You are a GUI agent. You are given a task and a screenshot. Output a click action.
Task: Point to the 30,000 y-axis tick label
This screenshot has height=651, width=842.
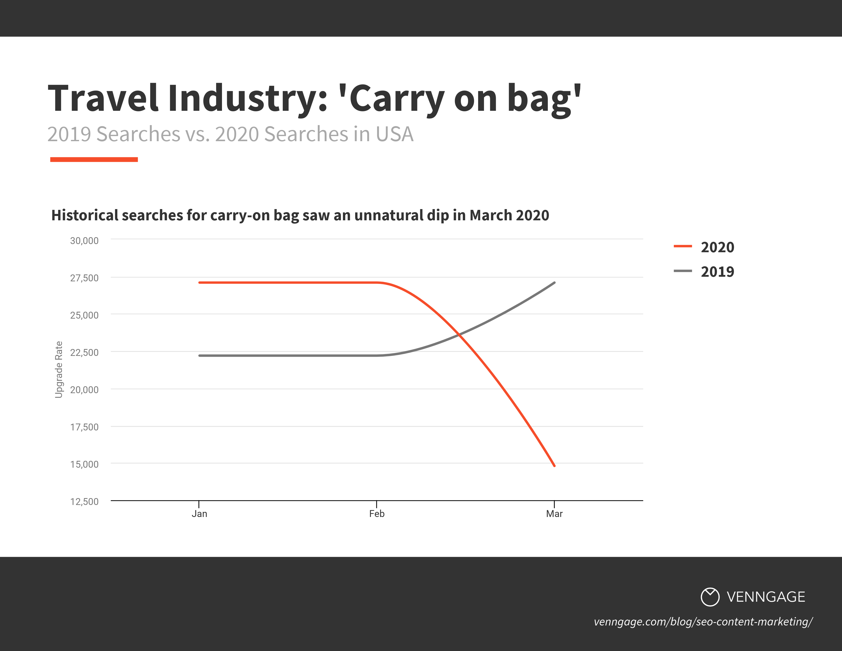pyautogui.click(x=84, y=241)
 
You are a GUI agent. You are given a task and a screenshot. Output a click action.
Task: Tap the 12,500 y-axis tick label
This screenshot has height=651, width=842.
pyautogui.click(x=84, y=502)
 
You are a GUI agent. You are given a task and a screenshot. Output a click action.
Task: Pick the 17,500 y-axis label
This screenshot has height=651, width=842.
pyautogui.click(x=84, y=427)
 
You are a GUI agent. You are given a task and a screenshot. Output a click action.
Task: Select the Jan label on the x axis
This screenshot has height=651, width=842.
pyautogui.click(x=199, y=514)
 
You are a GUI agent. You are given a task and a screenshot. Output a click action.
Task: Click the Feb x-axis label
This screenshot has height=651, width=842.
pyautogui.click(x=377, y=514)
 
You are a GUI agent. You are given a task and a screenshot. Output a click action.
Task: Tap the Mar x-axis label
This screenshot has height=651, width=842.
pyautogui.click(x=554, y=514)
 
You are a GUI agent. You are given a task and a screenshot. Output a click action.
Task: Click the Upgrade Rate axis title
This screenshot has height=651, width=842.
pyautogui.click(x=59, y=369)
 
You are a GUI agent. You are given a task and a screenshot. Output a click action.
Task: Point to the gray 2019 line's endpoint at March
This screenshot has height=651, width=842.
pyautogui.click(x=554, y=283)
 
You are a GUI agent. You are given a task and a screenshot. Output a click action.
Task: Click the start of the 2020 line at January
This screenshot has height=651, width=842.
pyautogui.click(x=199, y=283)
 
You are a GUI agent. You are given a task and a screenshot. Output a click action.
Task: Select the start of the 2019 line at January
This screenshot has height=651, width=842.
pyautogui.click(x=199, y=356)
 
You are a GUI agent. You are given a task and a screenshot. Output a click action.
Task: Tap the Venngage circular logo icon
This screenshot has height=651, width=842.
pyautogui.click(x=710, y=597)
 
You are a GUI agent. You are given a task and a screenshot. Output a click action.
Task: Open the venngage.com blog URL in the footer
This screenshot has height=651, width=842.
pyautogui.click(x=703, y=622)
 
